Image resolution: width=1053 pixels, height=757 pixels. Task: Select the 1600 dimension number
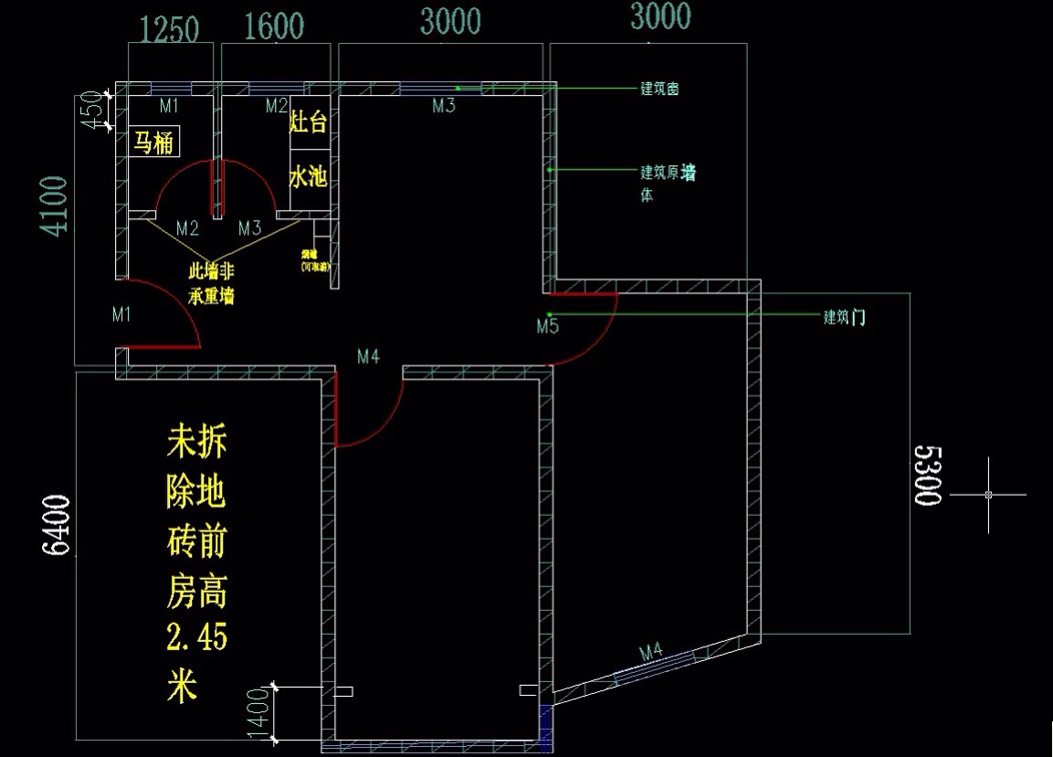click(275, 27)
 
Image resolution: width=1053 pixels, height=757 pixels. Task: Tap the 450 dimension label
click(90, 110)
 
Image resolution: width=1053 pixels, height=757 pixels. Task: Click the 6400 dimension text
click(57, 525)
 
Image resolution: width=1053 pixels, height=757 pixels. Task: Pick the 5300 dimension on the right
click(926, 476)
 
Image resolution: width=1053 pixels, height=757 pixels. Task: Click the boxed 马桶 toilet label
click(153, 142)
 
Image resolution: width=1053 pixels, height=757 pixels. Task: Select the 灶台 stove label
click(308, 124)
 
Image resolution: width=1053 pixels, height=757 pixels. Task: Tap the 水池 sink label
click(308, 176)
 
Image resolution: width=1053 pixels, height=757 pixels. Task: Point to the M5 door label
click(547, 326)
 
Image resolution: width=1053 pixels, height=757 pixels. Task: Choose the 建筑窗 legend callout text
click(658, 89)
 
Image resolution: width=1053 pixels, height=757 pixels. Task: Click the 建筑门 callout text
click(845, 318)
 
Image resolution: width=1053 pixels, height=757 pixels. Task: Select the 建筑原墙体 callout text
click(667, 180)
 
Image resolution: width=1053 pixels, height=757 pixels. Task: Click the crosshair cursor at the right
click(988, 495)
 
